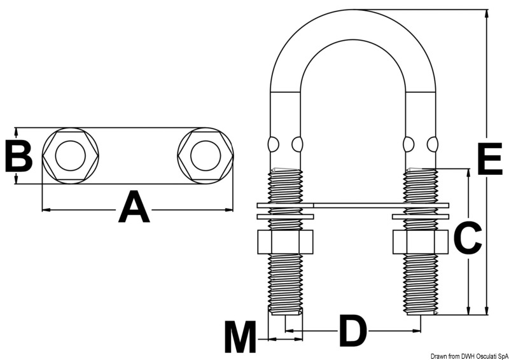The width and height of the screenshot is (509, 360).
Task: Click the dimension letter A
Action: (x=134, y=208)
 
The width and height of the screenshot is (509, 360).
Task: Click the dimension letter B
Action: (x=18, y=156)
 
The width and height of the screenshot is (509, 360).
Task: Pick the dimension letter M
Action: (x=240, y=338)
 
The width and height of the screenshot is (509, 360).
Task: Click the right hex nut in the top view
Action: (x=206, y=156)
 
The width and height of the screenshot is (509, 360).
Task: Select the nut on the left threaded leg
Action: (x=284, y=242)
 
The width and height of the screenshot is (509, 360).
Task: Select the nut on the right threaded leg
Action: (x=420, y=242)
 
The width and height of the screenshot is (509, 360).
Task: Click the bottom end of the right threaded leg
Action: (x=421, y=312)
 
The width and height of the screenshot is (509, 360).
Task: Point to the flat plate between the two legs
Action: (x=353, y=205)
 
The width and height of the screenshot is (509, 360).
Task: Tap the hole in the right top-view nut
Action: (x=206, y=156)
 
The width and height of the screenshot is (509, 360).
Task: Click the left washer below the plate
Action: (x=284, y=216)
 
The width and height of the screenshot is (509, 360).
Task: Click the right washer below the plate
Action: (x=420, y=216)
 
